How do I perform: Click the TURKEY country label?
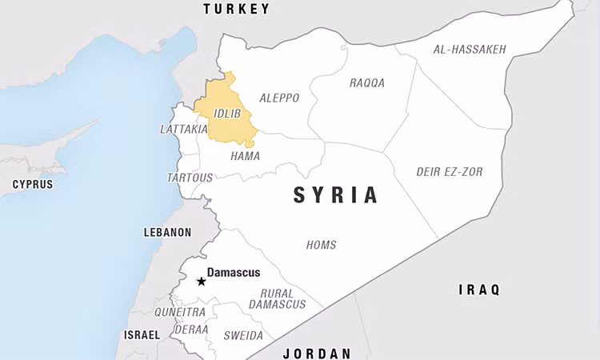(x=236, y=9)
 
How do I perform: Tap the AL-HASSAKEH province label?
(x=470, y=50)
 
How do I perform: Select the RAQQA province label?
(x=367, y=82)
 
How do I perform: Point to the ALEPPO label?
(x=279, y=98)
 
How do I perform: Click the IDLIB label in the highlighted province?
(x=227, y=114)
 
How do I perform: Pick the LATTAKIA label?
(x=184, y=129)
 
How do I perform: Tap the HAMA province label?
(x=245, y=156)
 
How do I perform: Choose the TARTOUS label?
(x=190, y=178)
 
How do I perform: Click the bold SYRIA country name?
(x=335, y=194)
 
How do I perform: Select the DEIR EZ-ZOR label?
(x=450, y=172)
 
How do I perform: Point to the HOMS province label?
(x=322, y=245)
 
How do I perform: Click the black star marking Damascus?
(x=201, y=281)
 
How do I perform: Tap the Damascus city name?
(x=234, y=273)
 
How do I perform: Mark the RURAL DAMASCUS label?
(x=277, y=298)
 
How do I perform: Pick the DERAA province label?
(x=190, y=330)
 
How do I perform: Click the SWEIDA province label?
(x=241, y=335)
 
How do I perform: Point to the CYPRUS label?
(x=32, y=184)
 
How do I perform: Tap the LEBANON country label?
(x=167, y=232)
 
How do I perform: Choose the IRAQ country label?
(x=478, y=289)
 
